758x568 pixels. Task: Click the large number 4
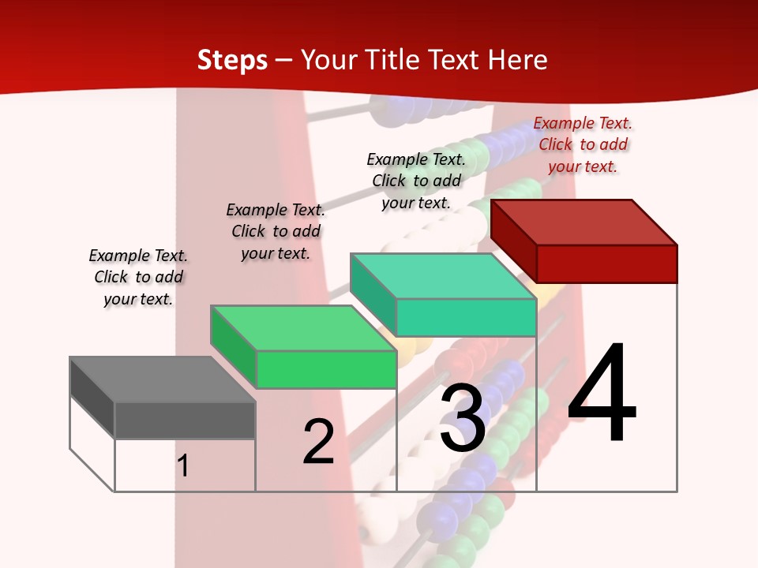click(602, 394)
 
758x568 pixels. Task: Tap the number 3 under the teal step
click(463, 419)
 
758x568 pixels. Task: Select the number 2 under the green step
click(318, 442)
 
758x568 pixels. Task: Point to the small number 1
click(183, 465)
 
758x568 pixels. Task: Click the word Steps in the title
click(232, 60)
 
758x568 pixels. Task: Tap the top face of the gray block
click(163, 379)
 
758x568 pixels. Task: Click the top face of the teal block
click(443, 275)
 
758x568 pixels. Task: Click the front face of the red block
click(606, 263)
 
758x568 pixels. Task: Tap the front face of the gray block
click(185, 420)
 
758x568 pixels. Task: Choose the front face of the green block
click(326, 369)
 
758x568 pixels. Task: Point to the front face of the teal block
click(466, 317)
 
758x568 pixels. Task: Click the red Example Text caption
click(583, 144)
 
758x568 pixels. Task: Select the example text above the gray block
click(138, 277)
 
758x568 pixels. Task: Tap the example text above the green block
click(276, 231)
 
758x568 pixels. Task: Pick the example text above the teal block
click(416, 181)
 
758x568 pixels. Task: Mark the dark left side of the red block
click(513, 236)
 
